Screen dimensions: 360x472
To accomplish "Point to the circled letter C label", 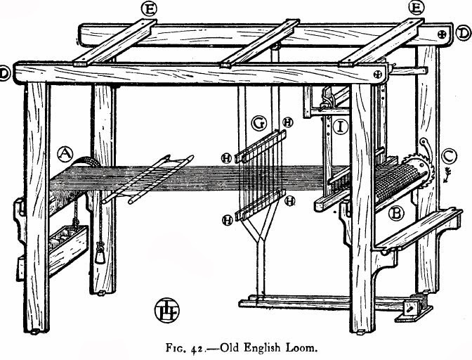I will [446, 154].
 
